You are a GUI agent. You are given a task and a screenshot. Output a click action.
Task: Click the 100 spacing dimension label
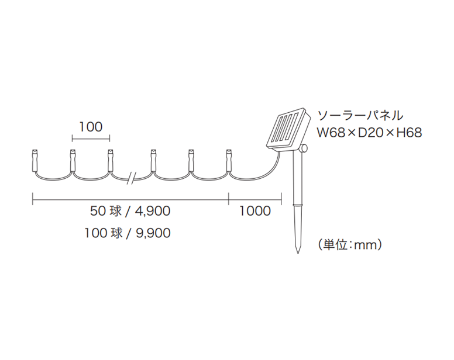coord(90,126)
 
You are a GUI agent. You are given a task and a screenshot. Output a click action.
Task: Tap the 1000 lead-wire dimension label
coord(254,211)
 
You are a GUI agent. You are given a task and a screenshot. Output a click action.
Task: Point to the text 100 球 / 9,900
coord(127,233)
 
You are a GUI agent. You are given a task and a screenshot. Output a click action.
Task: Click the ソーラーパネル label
coord(360,115)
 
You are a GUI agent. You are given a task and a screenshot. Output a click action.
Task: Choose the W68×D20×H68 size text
coord(369,133)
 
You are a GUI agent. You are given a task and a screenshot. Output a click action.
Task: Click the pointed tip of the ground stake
coord(298,251)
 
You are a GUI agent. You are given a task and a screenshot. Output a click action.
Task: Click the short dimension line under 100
coord(91,139)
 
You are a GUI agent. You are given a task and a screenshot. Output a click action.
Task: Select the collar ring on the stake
coord(298,205)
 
